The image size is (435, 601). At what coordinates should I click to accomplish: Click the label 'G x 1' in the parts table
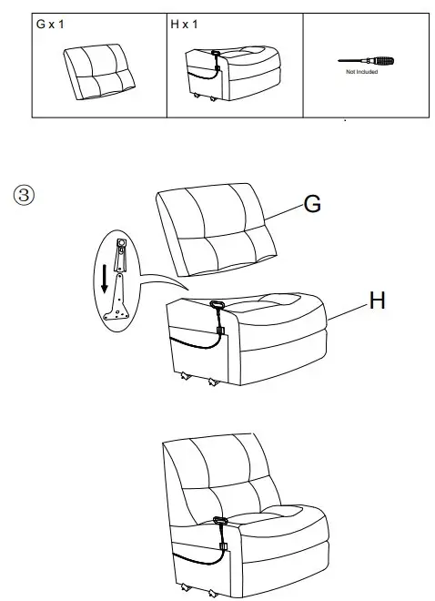(49, 25)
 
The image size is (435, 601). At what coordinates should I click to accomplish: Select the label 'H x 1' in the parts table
(184, 25)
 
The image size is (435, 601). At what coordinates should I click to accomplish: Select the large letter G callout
(311, 205)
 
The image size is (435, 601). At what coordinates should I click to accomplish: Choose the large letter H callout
(377, 301)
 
